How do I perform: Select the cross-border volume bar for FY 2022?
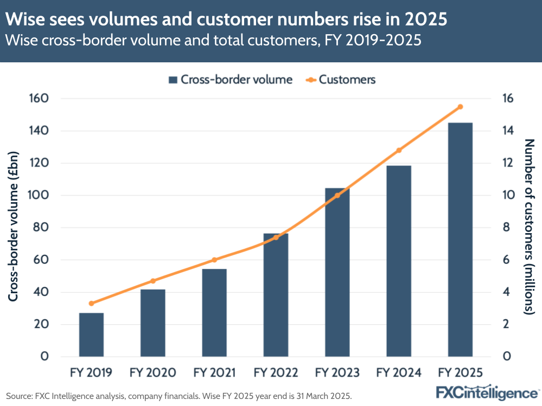pyautogui.click(x=276, y=295)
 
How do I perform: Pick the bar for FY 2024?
pyautogui.click(x=399, y=261)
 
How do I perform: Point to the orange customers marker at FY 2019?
pyautogui.click(x=91, y=303)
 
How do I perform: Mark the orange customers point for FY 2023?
pyautogui.click(x=337, y=195)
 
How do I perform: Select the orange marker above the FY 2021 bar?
pyautogui.click(x=214, y=260)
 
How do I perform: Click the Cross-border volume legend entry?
pyautogui.click(x=230, y=80)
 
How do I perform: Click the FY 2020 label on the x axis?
pyautogui.click(x=152, y=373)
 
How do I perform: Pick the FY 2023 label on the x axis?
pyautogui.click(x=337, y=373)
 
